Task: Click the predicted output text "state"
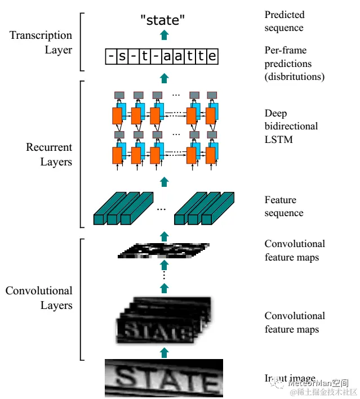point(163,21)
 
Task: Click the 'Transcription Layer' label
point(41,42)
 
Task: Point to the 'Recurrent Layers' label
point(49,155)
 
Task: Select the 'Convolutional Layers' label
point(39,298)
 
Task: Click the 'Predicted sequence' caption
point(285,21)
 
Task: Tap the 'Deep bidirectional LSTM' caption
point(291,126)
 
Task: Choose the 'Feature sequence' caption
point(284,207)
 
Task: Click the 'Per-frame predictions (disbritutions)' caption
point(294,63)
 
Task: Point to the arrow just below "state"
point(164,35)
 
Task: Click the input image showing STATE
point(163,378)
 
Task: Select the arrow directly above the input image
point(164,352)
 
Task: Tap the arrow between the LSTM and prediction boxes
point(164,77)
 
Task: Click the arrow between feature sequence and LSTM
point(164,181)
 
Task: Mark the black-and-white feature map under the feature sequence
point(163,250)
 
